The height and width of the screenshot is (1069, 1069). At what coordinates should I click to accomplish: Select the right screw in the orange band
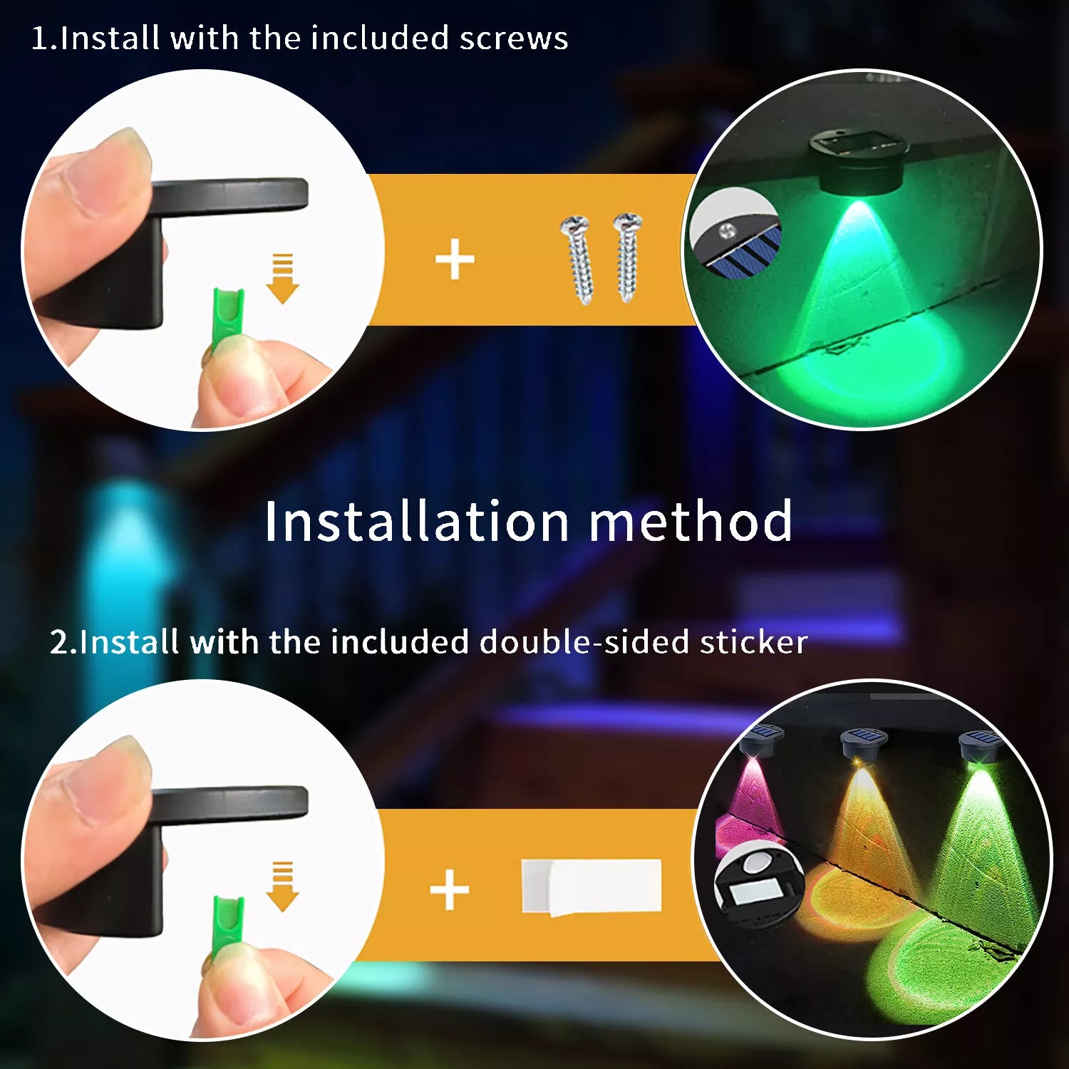pyautogui.click(x=628, y=257)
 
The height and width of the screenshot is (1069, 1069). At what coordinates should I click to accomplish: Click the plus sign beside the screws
pyautogui.click(x=455, y=259)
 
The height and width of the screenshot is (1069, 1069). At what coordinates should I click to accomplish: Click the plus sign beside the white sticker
pyautogui.click(x=450, y=889)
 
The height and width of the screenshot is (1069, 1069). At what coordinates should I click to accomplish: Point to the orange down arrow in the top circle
pyautogui.click(x=283, y=279)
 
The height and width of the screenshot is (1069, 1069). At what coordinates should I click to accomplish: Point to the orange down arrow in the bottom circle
pyautogui.click(x=283, y=887)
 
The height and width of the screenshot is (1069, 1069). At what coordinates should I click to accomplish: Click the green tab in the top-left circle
pyautogui.click(x=228, y=317)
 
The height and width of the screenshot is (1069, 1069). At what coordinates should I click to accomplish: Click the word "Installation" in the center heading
pyautogui.click(x=418, y=521)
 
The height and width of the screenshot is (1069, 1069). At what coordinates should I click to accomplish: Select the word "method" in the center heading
pyautogui.click(x=691, y=521)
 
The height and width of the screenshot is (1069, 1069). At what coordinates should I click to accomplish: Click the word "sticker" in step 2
pyautogui.click(x=753, y=642)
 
